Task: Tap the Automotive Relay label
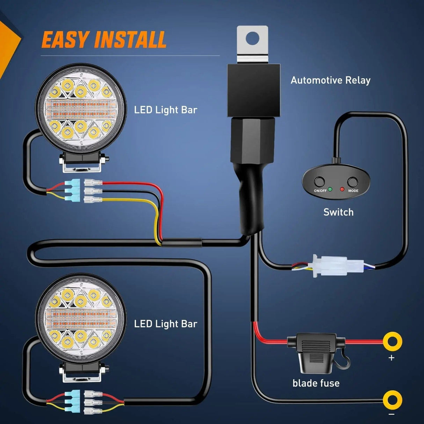click(330, 80)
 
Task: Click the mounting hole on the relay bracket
click(253, 37)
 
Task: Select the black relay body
click(254, 90)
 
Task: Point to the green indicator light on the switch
click(330, 189)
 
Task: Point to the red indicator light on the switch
click(342, 189)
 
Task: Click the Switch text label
click(338, 212)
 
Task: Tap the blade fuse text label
click(316, 383)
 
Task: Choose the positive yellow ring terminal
click(392, 341)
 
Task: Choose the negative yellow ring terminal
click(392, 400)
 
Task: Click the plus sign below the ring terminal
click(391, 358)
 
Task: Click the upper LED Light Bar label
click(166, 110)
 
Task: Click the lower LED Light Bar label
click(166, 324)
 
